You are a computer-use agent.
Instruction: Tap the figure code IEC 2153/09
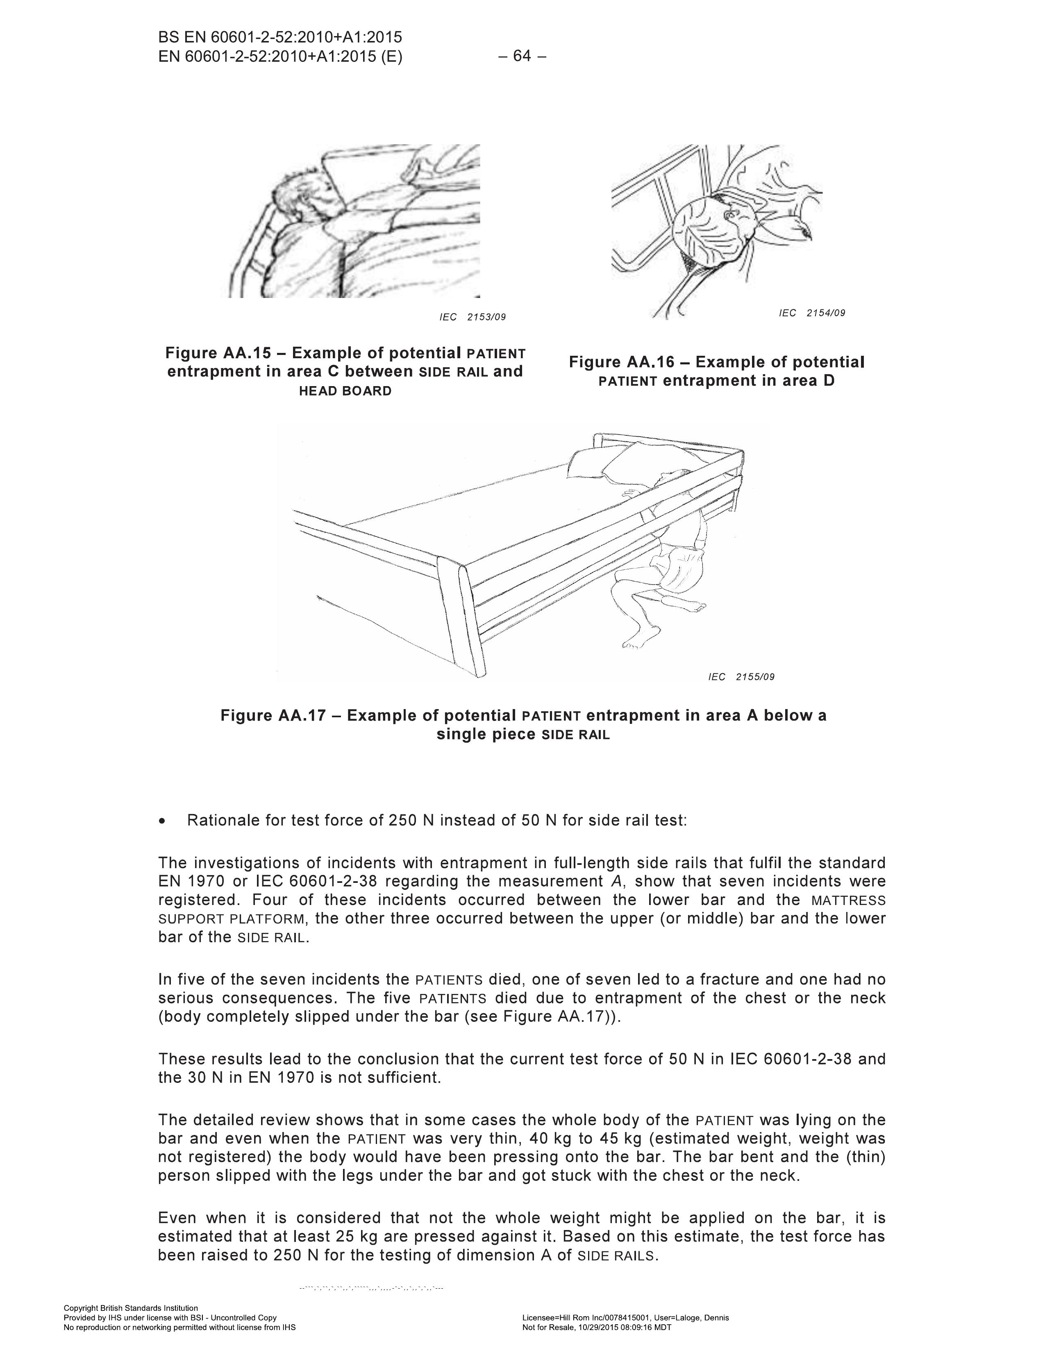pos(473,317)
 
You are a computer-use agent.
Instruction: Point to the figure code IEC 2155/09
pos(741,676)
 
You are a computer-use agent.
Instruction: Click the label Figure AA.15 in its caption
pos(218,353)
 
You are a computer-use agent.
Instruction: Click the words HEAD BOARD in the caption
pos(345,391)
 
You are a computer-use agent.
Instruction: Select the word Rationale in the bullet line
pos(223,821)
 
